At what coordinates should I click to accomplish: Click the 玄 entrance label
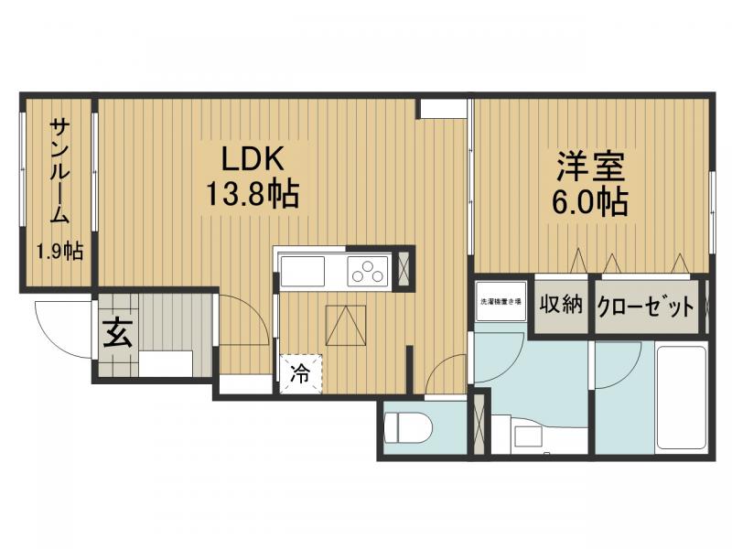[x=116, y=332]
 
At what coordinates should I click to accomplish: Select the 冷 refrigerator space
[x=300, y=372]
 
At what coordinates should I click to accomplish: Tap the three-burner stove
[x=367, y=272]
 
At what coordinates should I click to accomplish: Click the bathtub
[x=681, y=398]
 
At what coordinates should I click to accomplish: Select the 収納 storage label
[x=561, y=306]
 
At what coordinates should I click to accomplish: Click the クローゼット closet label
[x=645, y=307]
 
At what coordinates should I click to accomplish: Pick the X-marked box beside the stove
[x=404, y=268]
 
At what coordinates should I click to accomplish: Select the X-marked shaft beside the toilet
[x=479, y=422]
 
